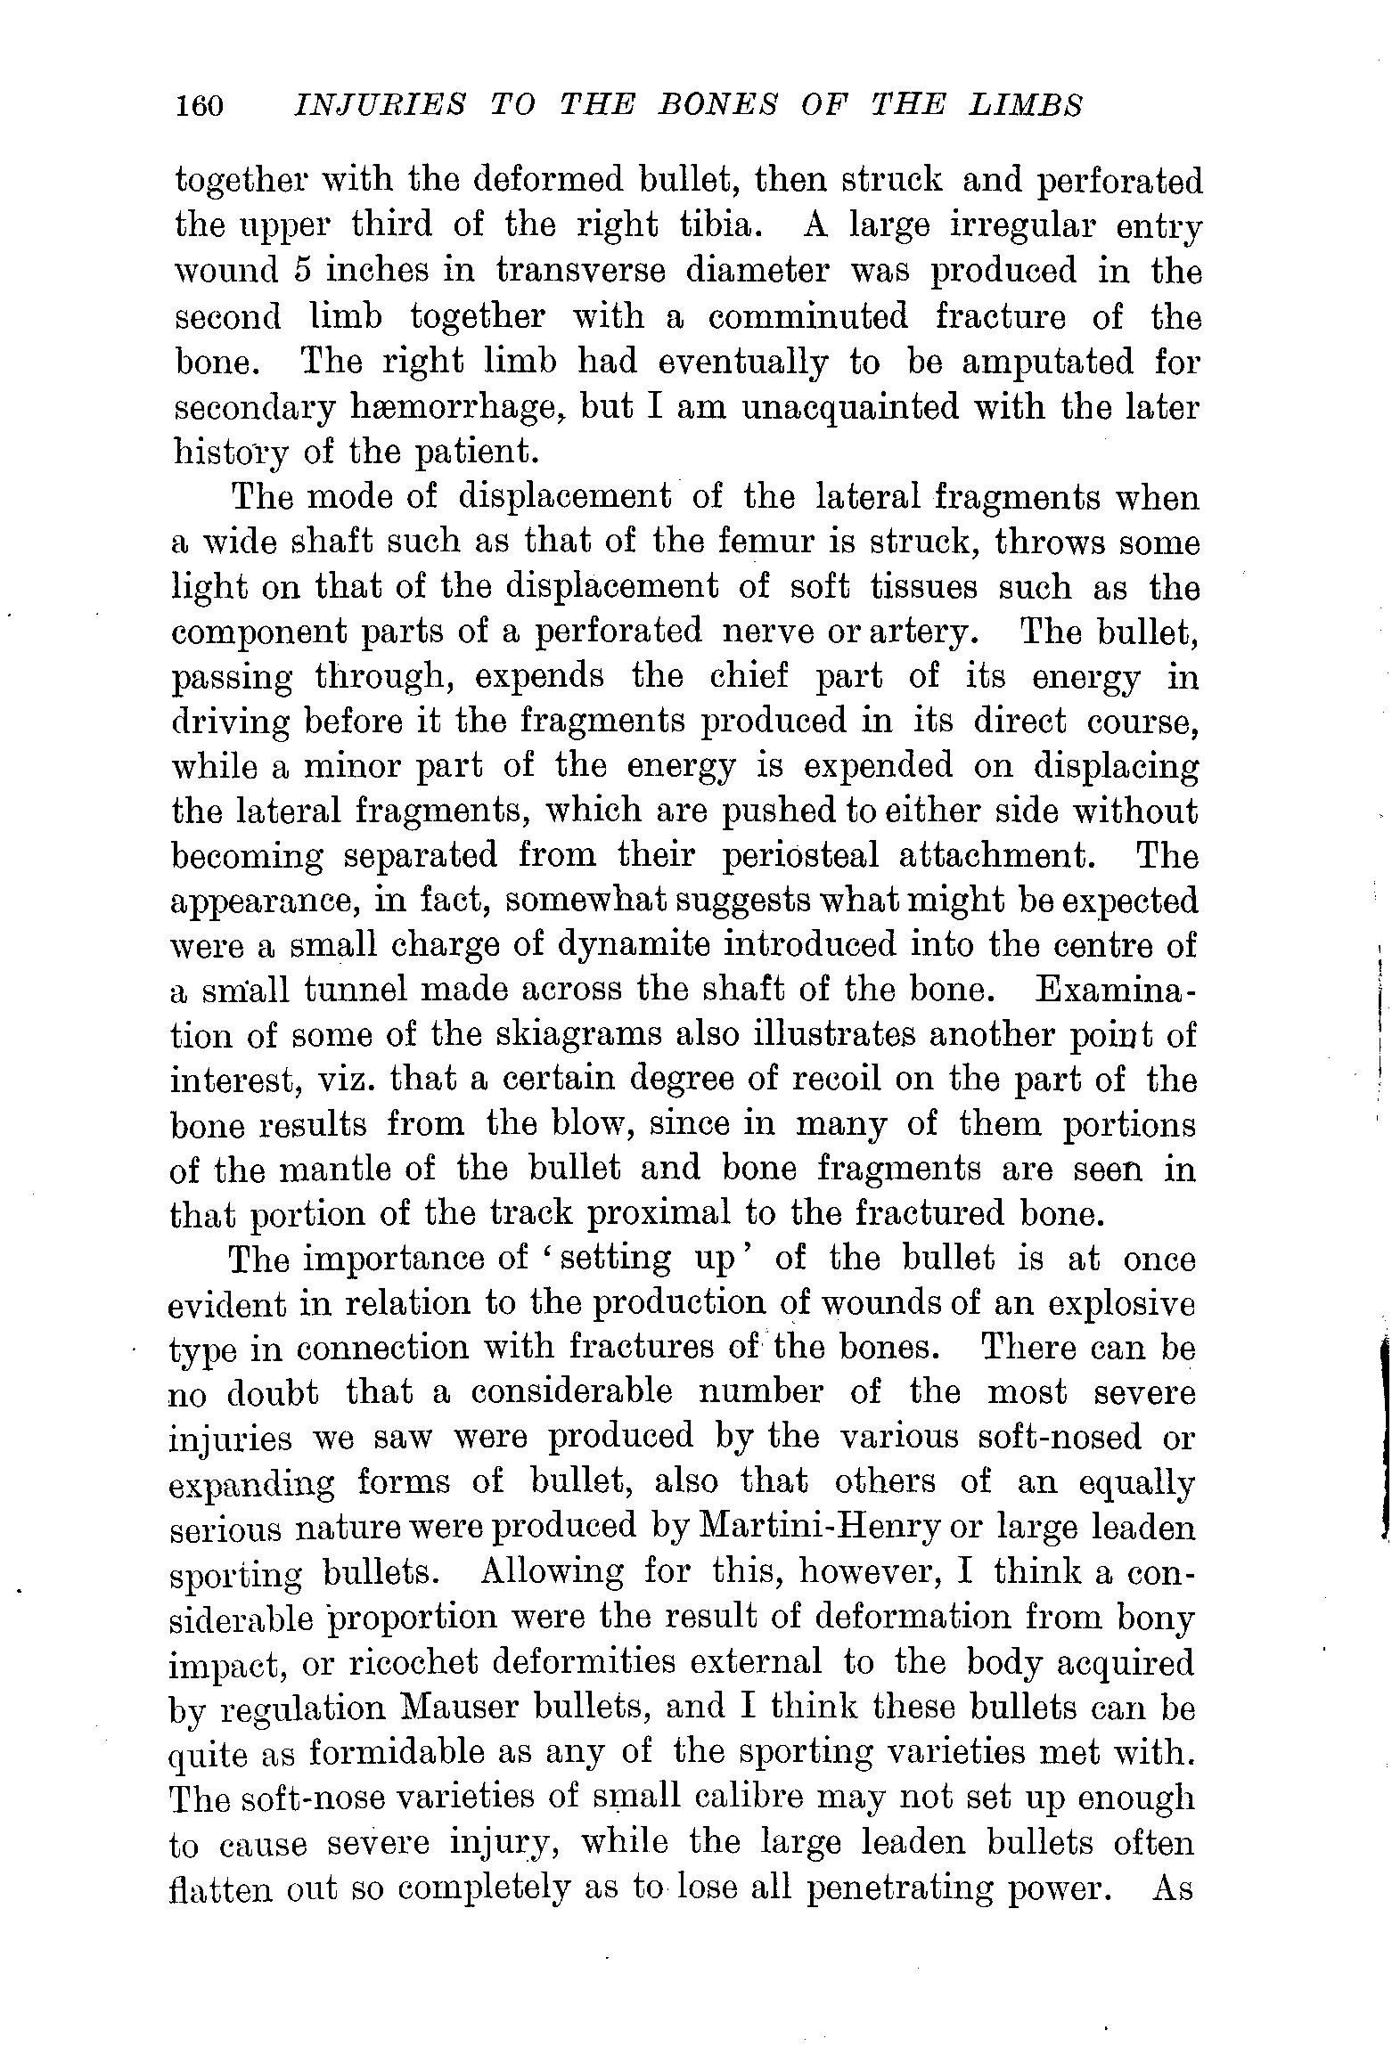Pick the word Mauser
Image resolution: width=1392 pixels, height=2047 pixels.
[x=458, y=1709]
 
